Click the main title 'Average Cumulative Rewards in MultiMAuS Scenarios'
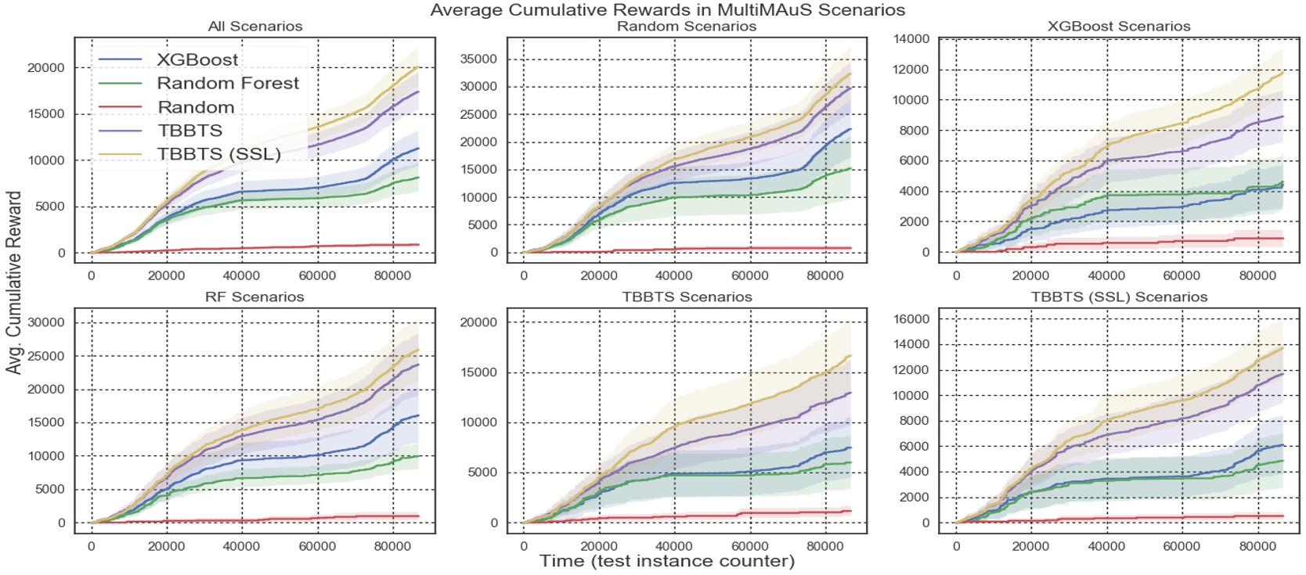667,10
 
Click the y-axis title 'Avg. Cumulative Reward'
13,282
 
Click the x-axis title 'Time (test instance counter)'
667,561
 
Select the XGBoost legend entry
197,59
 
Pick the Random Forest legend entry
228,83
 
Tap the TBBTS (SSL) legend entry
218,154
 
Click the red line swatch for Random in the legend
119,107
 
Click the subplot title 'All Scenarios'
255,27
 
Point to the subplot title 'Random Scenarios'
687,27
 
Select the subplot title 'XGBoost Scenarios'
1119,27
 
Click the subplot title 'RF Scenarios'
255,297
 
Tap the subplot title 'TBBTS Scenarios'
687,297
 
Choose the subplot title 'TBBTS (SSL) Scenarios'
1119,297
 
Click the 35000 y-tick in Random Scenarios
478,59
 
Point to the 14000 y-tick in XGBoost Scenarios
912,39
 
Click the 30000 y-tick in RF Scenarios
46,322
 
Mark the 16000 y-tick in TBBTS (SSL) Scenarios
912,319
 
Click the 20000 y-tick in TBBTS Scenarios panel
478,322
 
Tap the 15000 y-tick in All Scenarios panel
46,114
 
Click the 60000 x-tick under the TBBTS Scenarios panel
749,546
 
